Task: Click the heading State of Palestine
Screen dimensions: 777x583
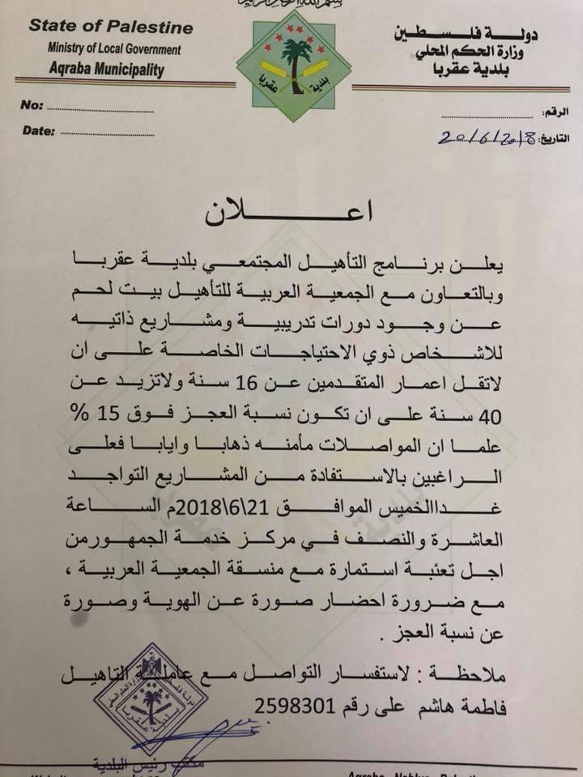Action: coord(111,27)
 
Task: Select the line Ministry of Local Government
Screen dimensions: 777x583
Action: coord(113,49)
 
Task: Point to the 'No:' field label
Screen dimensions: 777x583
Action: coord(32,106)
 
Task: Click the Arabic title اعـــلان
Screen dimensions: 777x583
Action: coord(291,213)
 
